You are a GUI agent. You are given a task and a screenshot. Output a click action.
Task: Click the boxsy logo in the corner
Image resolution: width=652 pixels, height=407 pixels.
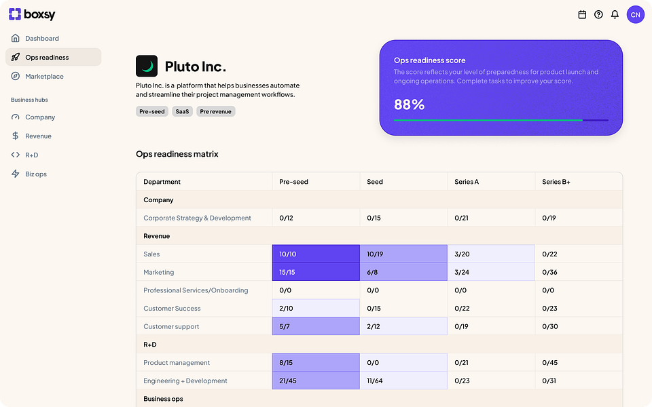tap(32, 14)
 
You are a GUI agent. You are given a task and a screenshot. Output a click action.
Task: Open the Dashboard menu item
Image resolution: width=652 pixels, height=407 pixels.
tap(41, 39)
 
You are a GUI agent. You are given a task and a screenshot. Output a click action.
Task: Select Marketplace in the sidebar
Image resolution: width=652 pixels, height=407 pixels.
tap(44, 77)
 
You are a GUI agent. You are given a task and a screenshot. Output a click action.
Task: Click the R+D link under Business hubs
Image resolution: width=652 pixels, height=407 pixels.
tap(31, 155)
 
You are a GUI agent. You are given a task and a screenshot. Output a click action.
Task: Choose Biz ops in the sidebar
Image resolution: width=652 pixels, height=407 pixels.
tap(35, 174)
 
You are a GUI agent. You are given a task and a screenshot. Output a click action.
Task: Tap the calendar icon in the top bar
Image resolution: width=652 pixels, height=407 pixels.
tap(582, 14)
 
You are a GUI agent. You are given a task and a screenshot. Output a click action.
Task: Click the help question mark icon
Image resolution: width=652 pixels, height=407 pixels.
tap(598, 14)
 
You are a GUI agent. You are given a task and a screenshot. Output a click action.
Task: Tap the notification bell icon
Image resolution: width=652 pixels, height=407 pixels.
tap(615, 14)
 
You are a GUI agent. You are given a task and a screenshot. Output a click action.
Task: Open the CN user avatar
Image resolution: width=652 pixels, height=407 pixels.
tap(635, 14)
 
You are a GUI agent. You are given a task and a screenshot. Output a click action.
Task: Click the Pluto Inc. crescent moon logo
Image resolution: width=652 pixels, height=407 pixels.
tap(147, 66)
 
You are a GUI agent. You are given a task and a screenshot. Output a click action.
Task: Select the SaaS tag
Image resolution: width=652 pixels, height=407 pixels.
tap(182, 111)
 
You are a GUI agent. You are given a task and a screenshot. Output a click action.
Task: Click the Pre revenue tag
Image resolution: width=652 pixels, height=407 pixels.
tap(216, 111)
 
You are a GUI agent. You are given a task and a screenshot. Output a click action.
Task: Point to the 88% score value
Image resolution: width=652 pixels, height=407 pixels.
tap(410, 104)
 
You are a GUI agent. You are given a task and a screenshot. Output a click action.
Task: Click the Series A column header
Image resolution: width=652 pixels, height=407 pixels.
tap(467, 182)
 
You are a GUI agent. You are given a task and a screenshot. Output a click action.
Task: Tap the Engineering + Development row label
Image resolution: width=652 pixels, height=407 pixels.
tap(185, 381)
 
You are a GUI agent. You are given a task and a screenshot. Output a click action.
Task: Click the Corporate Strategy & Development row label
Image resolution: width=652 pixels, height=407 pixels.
tap(197, 218)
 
